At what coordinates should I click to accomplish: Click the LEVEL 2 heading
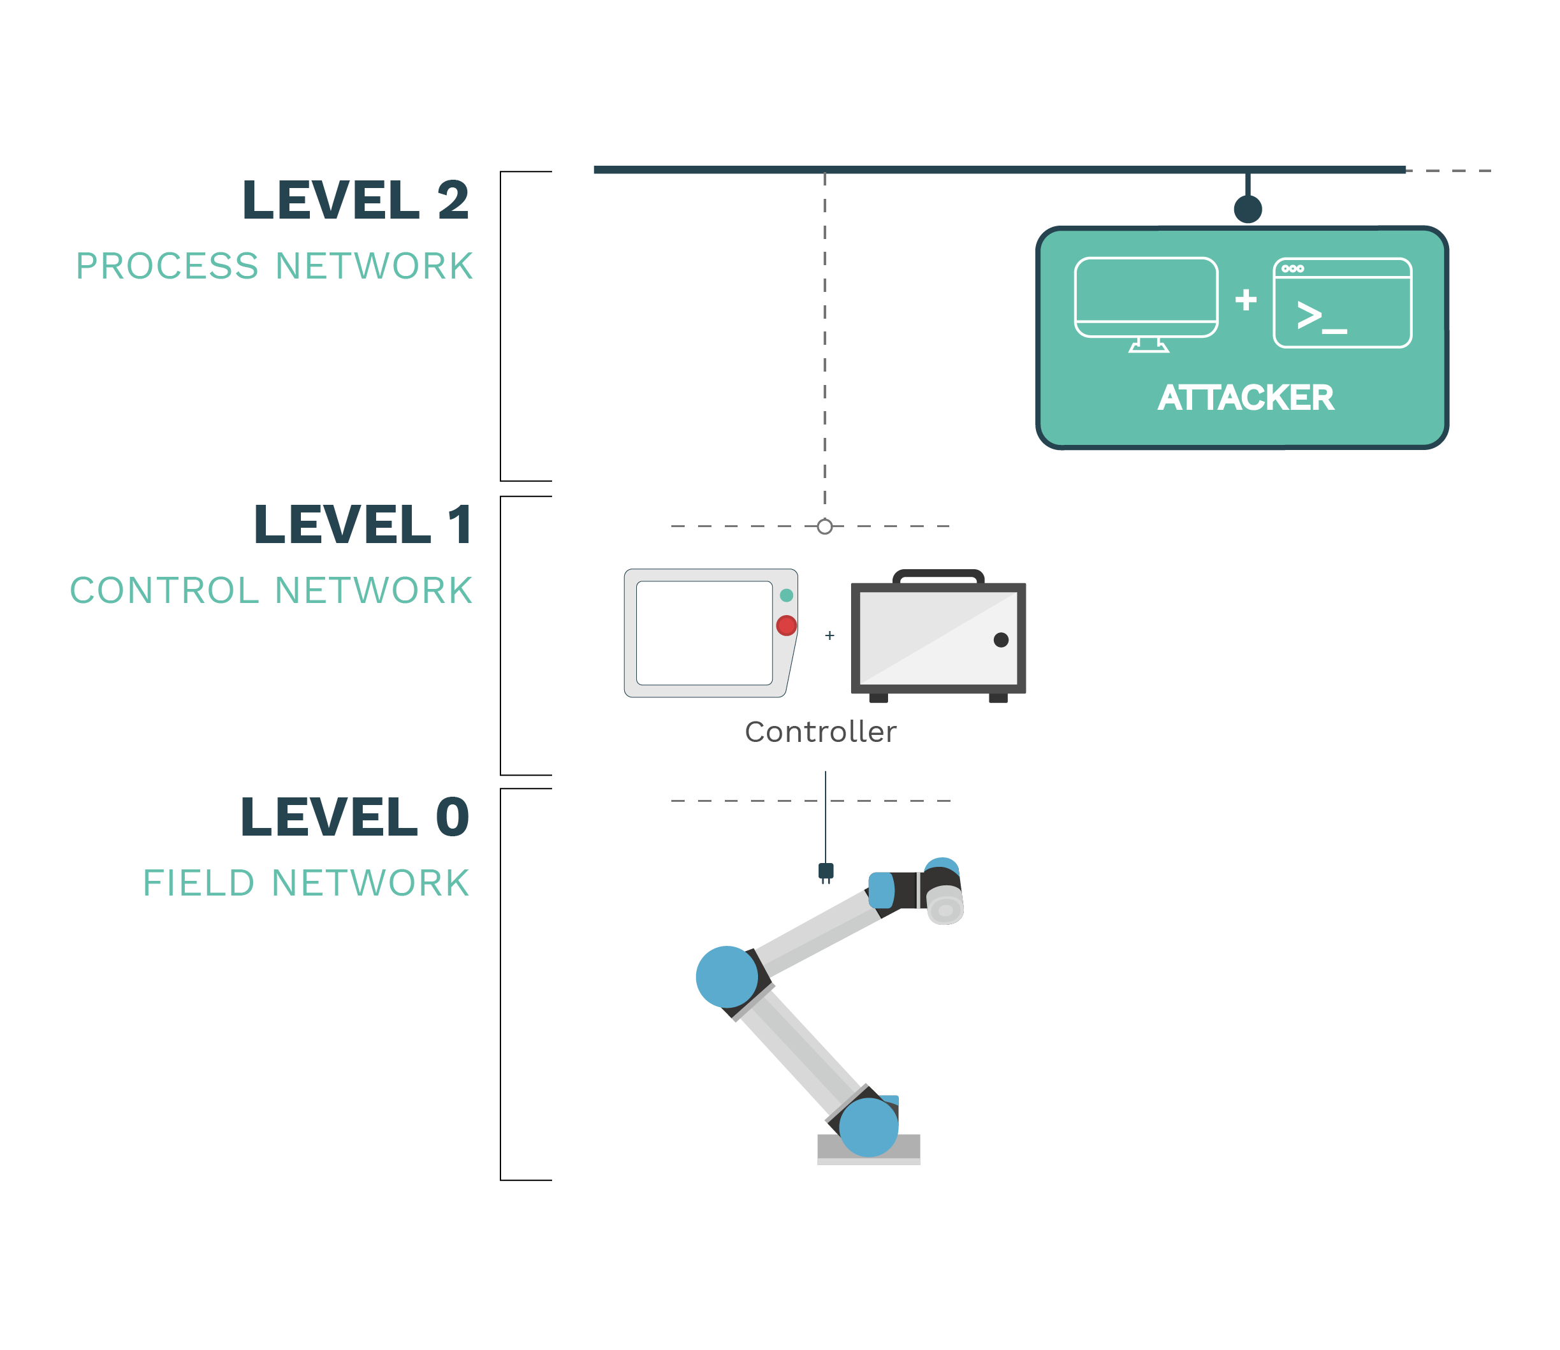pyautogui.click(x=355, y=200)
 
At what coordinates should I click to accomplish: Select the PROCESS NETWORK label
pyautogui.click(x=274, y=266)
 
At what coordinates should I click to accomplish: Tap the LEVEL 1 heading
pyautogui.click(x=363, y=525)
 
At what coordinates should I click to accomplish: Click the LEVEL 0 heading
pyautogui.click(x=355, y=817)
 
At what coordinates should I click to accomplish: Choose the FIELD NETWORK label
pyautogui.click(x=306, y=883)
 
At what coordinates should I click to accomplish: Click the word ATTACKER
pyautogui.click(x=1246, y=398)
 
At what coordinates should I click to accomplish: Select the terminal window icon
pyautogui.click(x=1342, y=303)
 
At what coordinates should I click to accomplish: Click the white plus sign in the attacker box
pyautogui.click(x=1246, y=300)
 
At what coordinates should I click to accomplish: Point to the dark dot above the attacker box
pyautogui.click(x=1248, y=208)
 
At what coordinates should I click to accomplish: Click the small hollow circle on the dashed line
pyautogui.click(x=825, y=526)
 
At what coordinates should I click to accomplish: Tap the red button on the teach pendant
pyautogui.click(x=786, y=625)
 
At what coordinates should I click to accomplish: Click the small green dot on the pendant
pyautogui.click(x=787, y=595)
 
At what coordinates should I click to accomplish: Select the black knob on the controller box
pyautogui.click(x=1001, y=639)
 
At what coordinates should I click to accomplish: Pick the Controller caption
pyautogui.click(x=820, y=732)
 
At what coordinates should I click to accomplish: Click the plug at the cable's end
pyautogui.click(x=826, y=873)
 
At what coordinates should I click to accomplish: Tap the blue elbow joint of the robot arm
pyautogui.click(x=727, y=977)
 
